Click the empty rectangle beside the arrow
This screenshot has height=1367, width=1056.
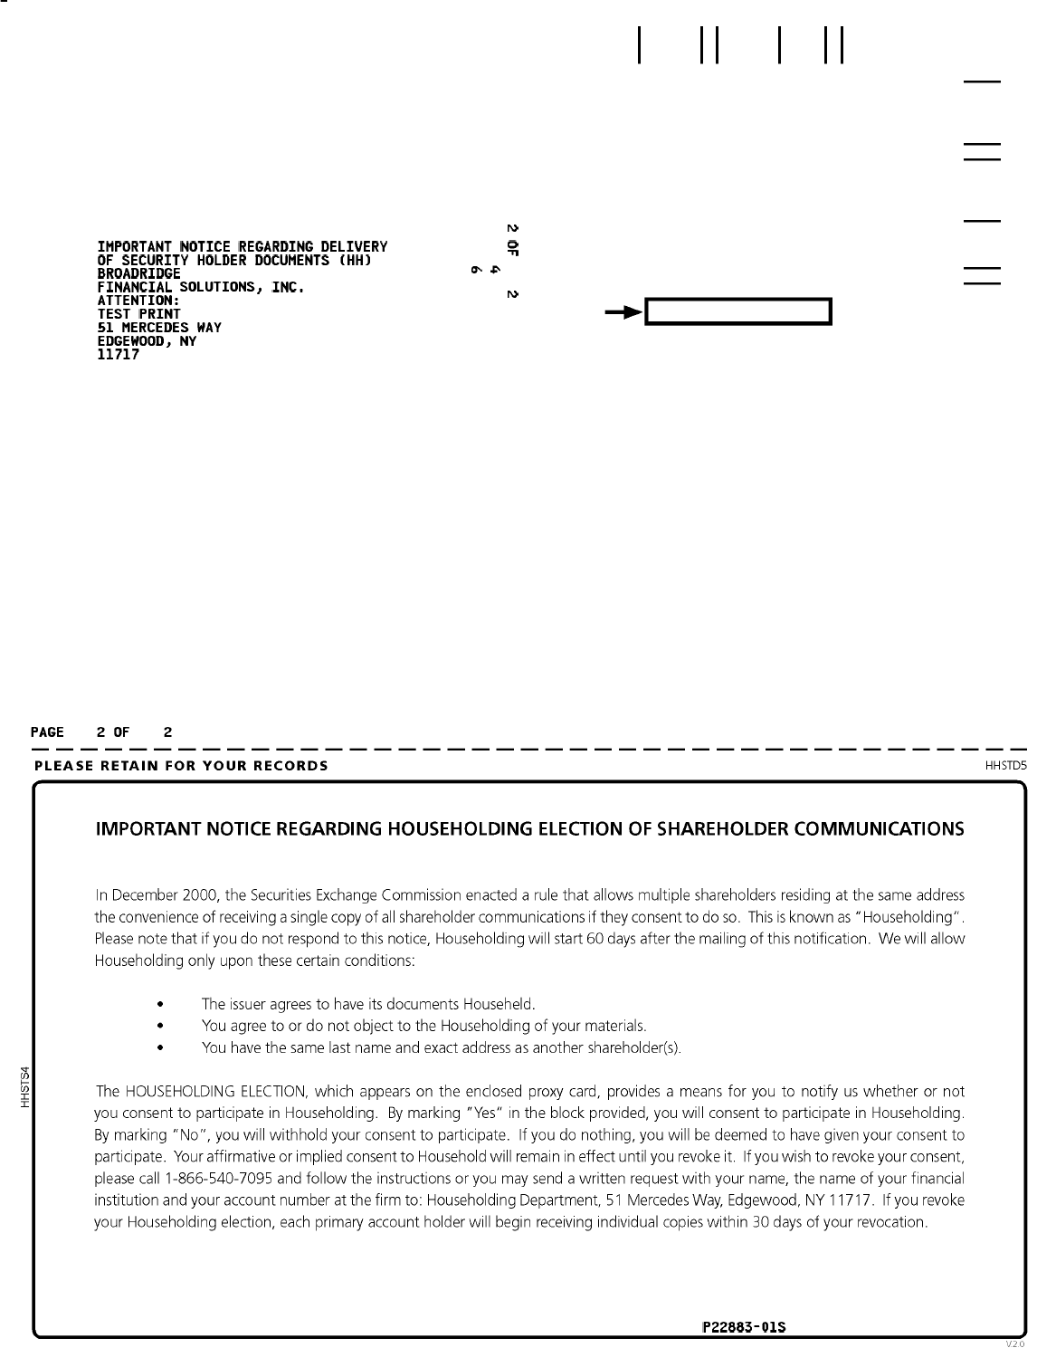(x=737, y=312)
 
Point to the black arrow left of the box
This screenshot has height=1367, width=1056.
(x=623, y=312)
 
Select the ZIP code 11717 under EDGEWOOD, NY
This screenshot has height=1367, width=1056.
(x=118, y=355)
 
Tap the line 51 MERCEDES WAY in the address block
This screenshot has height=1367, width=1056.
(x=159, y=328)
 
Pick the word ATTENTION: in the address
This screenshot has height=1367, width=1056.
(x=138, y=301)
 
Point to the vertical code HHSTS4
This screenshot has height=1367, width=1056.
(x=26, y=1086)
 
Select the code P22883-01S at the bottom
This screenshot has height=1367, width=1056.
(x=744, y=1328)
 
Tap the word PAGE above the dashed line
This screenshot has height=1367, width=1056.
(x=47, y=732)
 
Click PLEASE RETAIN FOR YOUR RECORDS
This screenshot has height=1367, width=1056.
(x=181, y=766)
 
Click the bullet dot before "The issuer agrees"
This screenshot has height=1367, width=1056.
(x=160, y=1005)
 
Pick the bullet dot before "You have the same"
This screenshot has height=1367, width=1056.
(x=160, y=1048)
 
